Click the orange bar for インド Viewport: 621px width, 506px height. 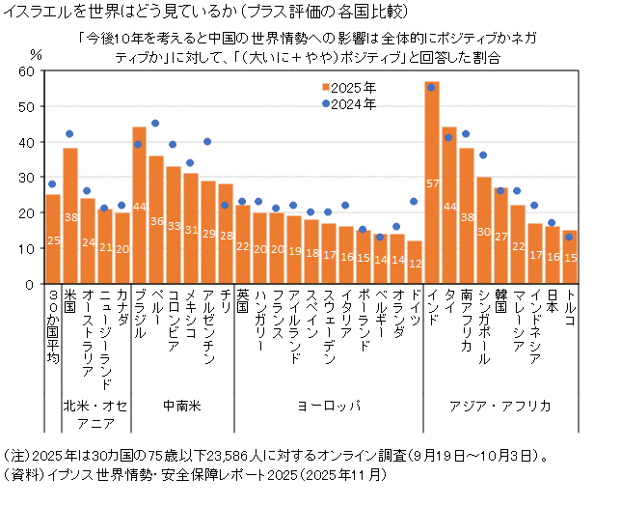click(432, 183)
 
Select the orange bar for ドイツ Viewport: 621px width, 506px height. click(415, 263)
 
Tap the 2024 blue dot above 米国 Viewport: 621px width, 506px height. click(69, 134)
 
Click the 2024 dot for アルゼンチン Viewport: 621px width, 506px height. click(207, 142)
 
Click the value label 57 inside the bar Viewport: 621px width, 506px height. click(432, 183)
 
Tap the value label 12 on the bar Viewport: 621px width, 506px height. click(415, 263)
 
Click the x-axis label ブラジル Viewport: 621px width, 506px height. click(139, 313)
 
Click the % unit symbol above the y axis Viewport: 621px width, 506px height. click(37, 54)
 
